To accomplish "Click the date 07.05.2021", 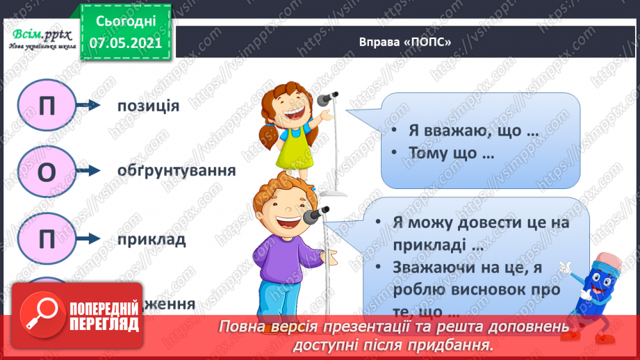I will click(125, 42).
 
